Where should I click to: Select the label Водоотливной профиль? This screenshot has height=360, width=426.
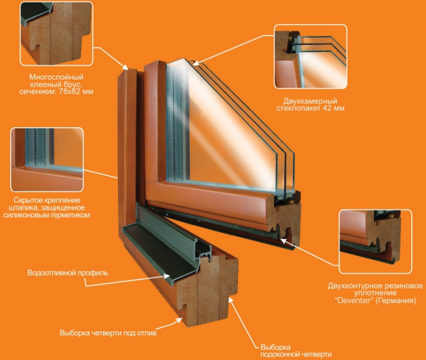point(68,272)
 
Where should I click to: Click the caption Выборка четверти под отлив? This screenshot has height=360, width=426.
point(108,333)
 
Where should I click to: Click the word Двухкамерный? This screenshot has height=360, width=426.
point(310,101)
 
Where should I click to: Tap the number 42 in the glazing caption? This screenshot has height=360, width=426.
point(326,108)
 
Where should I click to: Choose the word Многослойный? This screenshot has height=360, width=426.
point(56,77)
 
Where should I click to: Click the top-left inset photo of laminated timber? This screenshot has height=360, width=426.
point(56,34)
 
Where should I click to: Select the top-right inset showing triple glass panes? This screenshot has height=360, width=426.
point(310,56)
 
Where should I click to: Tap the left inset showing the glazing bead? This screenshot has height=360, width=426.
point(47,160)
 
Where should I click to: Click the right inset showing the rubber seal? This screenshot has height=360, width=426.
point(376,242)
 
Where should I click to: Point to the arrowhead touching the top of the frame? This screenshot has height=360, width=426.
point(125,67)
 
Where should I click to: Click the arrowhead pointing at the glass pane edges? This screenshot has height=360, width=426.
point(196,63)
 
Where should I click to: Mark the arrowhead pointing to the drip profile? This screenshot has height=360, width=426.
point(167,276)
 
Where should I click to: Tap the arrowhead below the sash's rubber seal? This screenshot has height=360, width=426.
point(283,241)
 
